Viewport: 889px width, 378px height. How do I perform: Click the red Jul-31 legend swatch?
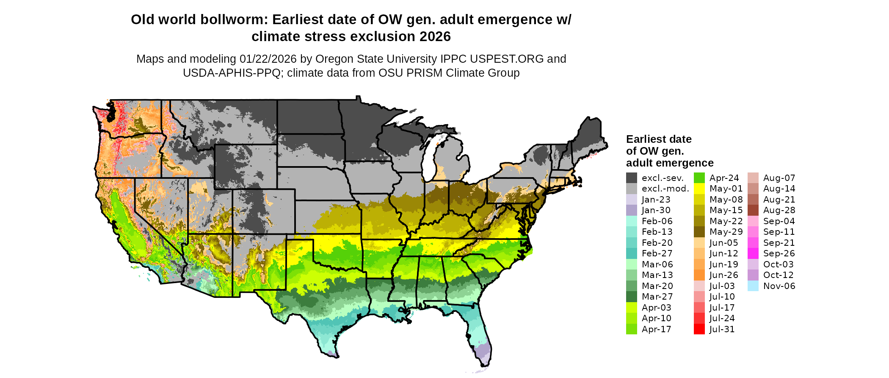699,329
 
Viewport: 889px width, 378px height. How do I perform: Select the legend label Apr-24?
724,178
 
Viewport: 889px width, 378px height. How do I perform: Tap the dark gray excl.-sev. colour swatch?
631,178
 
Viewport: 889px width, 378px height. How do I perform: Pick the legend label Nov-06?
779,286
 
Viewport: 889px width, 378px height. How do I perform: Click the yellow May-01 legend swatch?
699,189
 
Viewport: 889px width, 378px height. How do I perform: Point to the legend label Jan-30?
656,210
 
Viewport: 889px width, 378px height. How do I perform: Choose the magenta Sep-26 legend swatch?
753,253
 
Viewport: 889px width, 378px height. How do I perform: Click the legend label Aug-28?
779,210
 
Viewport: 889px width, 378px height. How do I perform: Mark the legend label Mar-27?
657,297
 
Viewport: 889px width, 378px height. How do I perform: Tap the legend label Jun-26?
723,275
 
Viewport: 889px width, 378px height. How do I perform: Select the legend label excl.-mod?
665,189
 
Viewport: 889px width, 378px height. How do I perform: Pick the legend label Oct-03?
778,264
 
